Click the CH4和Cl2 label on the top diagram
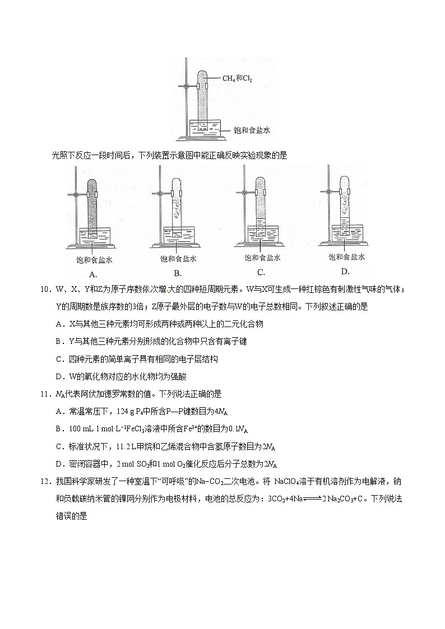click(x=237, y=79)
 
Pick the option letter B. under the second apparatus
click(x=178, y=273)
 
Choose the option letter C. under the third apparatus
click(x=261, y=272)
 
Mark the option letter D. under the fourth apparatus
click(x=345, y=272)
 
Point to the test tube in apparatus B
click(x=177, y=204)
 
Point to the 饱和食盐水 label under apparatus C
click(x=262, y=258)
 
